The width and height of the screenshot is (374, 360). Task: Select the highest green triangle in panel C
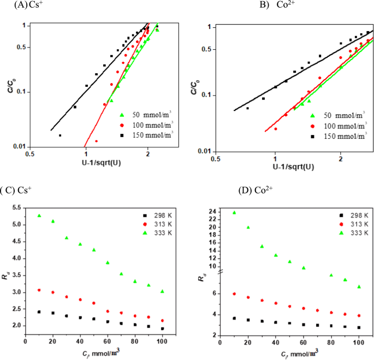click(39, 216)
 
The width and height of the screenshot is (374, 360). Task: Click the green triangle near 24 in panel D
click(234, 213)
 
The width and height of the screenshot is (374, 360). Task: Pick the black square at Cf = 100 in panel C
click(162, 329)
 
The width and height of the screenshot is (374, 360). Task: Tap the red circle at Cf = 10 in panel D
click(234, 294)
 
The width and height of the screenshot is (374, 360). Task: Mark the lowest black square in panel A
click(60, 135)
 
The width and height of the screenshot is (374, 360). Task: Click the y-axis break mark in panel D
click(220, 273)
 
